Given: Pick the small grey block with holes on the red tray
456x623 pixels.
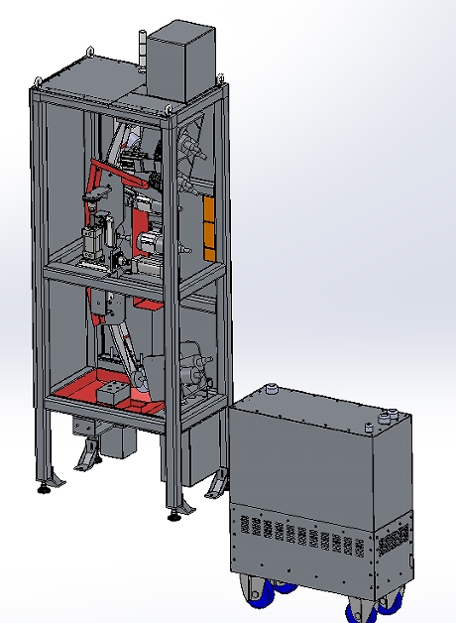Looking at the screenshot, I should click(111, 395).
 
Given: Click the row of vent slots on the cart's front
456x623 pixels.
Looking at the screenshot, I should click(297, 536).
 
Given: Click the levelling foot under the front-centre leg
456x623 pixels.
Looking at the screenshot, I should click(174, 514).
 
